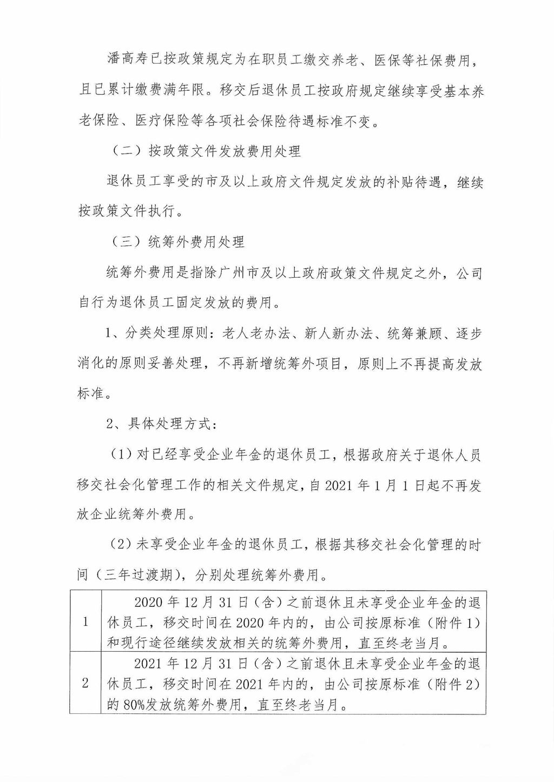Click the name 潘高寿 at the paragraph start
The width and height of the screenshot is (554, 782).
point(124,60)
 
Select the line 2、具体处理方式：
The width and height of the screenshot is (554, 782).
point(161,424)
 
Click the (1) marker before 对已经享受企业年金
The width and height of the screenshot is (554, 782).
point(122,455)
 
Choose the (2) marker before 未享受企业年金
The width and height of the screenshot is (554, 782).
point(122,545)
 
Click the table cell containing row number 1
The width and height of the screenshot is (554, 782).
point(85,621)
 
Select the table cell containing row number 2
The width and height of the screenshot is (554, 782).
point(85,683)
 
